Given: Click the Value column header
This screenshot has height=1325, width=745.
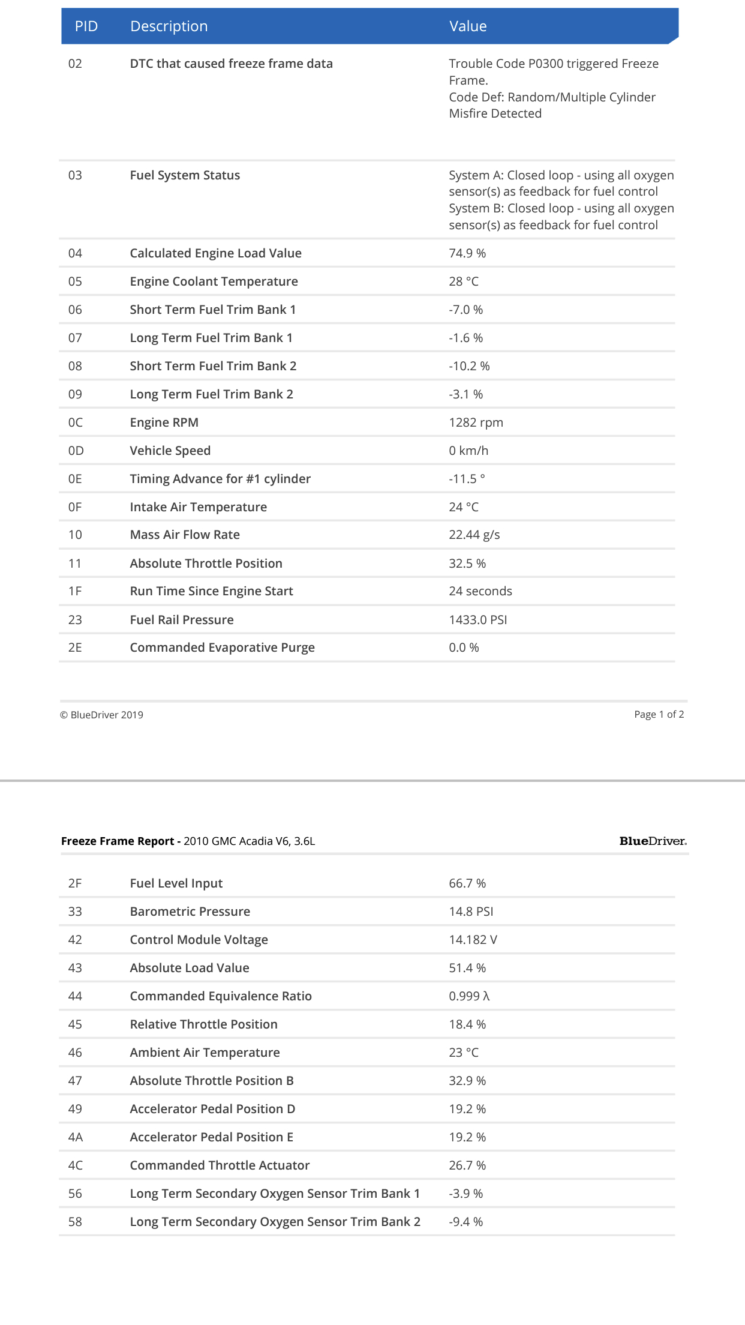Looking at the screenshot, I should (468, 26).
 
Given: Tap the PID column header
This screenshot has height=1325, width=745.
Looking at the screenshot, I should (86, 26).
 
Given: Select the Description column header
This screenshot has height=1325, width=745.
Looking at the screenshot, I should (169, 26).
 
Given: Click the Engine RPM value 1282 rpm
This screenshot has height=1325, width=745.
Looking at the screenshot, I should (476, 422).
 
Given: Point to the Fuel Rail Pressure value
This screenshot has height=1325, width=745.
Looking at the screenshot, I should (477, 620).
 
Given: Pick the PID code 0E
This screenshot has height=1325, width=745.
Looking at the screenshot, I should (75, 479).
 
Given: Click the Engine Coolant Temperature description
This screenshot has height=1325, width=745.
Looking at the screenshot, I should (214, 281).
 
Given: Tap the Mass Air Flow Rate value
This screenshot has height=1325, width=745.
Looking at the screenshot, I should (474, 535).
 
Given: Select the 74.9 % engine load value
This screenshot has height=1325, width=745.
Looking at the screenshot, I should (467, 253).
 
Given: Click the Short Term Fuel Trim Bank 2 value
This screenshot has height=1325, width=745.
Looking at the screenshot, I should (469, 366).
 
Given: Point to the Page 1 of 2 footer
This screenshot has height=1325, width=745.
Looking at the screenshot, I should (659, 714).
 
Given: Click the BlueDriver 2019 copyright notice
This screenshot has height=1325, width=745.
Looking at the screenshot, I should (101, 715).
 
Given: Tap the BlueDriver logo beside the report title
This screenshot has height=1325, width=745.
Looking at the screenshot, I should (653, 841).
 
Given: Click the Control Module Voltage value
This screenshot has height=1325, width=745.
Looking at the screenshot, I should (473, 940).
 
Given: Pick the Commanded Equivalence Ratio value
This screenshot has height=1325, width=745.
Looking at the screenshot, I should (469, 996).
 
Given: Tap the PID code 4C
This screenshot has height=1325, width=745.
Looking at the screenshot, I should (75, 1165).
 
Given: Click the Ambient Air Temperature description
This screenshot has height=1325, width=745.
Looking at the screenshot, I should (205, 1053).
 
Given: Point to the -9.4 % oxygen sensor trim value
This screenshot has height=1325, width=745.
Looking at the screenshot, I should (465, 1222).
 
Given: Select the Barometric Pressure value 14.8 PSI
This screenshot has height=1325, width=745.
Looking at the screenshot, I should (471, 912).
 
